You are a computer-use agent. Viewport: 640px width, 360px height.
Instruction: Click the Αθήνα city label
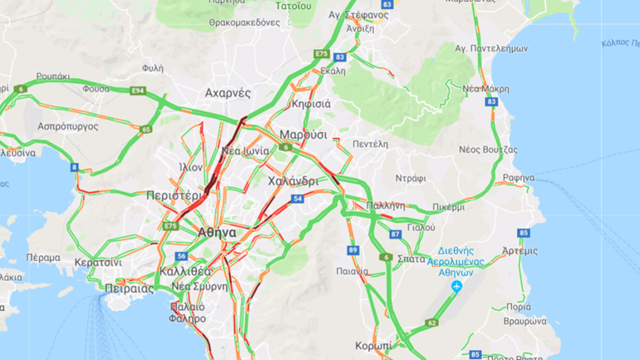(217, 234)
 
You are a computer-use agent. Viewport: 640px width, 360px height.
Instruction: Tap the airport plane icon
(456, 288)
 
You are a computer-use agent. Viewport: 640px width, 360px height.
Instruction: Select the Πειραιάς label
(129, 289)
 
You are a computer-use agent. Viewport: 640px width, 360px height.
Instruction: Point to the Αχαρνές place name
(228, 94)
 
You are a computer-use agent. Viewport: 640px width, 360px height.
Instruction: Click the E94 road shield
(137, 90)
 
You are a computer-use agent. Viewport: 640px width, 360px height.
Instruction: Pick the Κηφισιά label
(312, 104)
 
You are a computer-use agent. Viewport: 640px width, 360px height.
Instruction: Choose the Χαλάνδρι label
(293, 180)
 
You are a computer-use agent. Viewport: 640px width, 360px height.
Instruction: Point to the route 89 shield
(352, 250)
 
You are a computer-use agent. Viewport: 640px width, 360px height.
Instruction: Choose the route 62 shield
(431, 323)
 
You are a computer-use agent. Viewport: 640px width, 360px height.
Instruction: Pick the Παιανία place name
(353, 270)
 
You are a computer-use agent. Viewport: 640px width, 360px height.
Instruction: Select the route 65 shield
(146, 129)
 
